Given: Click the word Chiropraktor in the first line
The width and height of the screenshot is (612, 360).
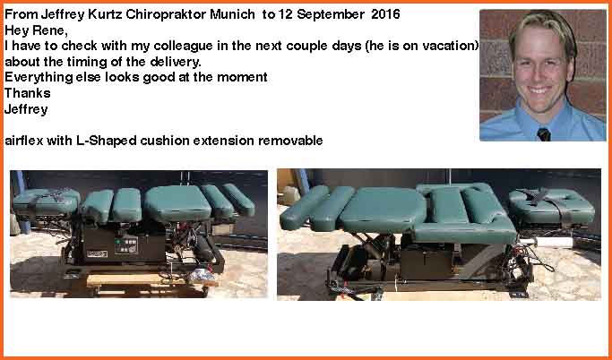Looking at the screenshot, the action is pyautogui.click(x=167, y=15).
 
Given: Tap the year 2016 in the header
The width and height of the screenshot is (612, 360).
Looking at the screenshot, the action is pyautogui.click(x=385, y=14).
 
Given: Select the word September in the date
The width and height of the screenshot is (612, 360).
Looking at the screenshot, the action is pyautogui.click(x=332, y=15).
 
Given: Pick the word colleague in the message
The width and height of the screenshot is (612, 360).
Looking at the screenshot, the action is pyautogui.click(x=183, y=47).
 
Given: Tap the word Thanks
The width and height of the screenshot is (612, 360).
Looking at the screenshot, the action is pyautogui.click(x=27, y=93).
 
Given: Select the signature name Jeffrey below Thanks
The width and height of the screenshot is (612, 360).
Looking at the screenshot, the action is pyautogui.click(x=26, y=109).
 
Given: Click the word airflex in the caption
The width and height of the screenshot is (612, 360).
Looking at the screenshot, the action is pyautogui.click(x=24, y=141).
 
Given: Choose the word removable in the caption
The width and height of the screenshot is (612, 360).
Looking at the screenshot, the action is pyautogui.click(x=290, y=141).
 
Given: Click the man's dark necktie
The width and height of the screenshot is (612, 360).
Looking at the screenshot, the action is pyautogui.click(x=544, y=134).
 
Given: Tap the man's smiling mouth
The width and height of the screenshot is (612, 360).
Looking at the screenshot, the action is pyautogui.click(x=539, y=90).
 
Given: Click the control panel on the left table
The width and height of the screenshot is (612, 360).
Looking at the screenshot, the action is pyautogui.click(x=125, y=245).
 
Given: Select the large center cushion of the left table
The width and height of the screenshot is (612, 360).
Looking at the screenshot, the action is pyautogui.click(x=177, y=202).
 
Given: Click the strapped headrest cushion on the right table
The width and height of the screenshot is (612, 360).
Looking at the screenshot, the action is pyautogui.click(x=551, y=207).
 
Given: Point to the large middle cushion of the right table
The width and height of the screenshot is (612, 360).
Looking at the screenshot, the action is pyautogui.click(x=383, y=210).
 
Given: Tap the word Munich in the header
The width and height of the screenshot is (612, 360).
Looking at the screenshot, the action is pyautogui.click(x=233, y=15).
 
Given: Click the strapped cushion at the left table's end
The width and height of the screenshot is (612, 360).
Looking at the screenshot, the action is pyautogui.click(x=46, y=201).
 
